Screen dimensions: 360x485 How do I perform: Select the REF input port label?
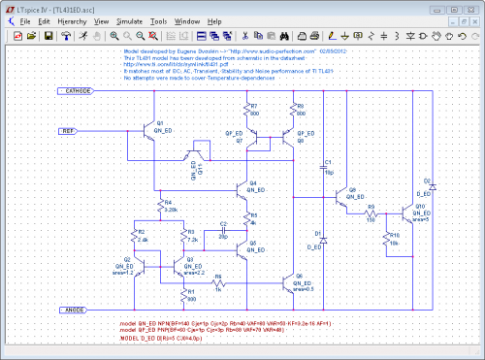pyautogui.click(x=68, y=130)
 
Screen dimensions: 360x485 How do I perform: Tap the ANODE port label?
pyautogui.click(x=74, y=310)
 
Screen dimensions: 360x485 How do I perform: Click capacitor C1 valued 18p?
pyautogui.click(x=324, y=167)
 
